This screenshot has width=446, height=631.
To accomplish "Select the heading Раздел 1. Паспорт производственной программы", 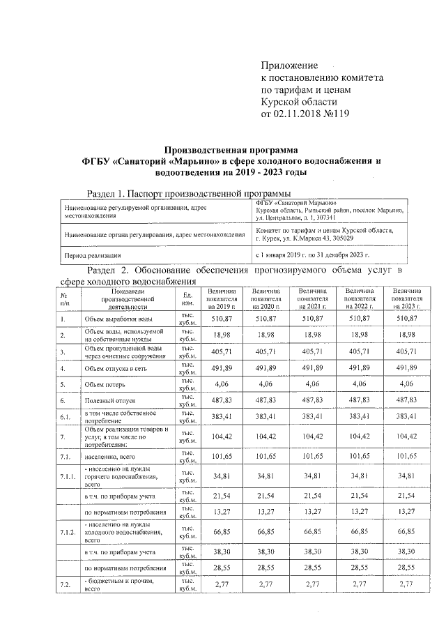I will coord(188,192).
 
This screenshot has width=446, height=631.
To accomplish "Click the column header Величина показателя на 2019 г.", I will coord(221,298).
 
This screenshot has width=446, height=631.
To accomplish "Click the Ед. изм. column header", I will coord(187,298).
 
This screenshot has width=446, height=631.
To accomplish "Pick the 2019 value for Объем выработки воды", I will coord(221,319).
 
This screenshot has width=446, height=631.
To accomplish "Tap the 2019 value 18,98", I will coord(221,335).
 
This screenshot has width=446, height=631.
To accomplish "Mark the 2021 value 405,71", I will coord(314,352).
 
